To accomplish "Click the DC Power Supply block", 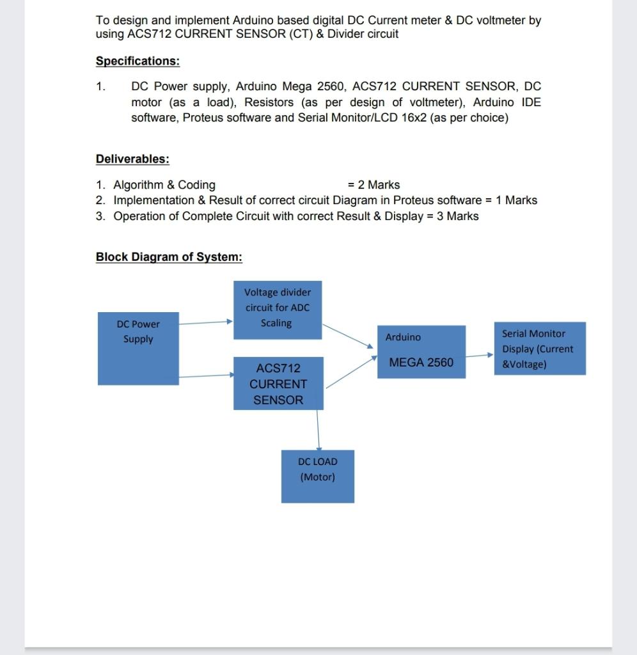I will point(138,348).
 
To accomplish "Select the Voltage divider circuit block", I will point(277,310).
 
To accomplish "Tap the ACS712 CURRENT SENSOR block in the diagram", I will point(278,383).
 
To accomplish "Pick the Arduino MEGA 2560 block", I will point(421,351).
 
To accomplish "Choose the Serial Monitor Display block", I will point(539,349).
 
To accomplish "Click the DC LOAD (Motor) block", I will point(317,476).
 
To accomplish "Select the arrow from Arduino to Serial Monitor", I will point(480,354).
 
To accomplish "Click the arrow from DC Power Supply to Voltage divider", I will point(205,322).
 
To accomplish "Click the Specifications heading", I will point(138,61).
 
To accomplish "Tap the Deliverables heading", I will point(132,159).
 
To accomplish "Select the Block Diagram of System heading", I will point(169,257).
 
